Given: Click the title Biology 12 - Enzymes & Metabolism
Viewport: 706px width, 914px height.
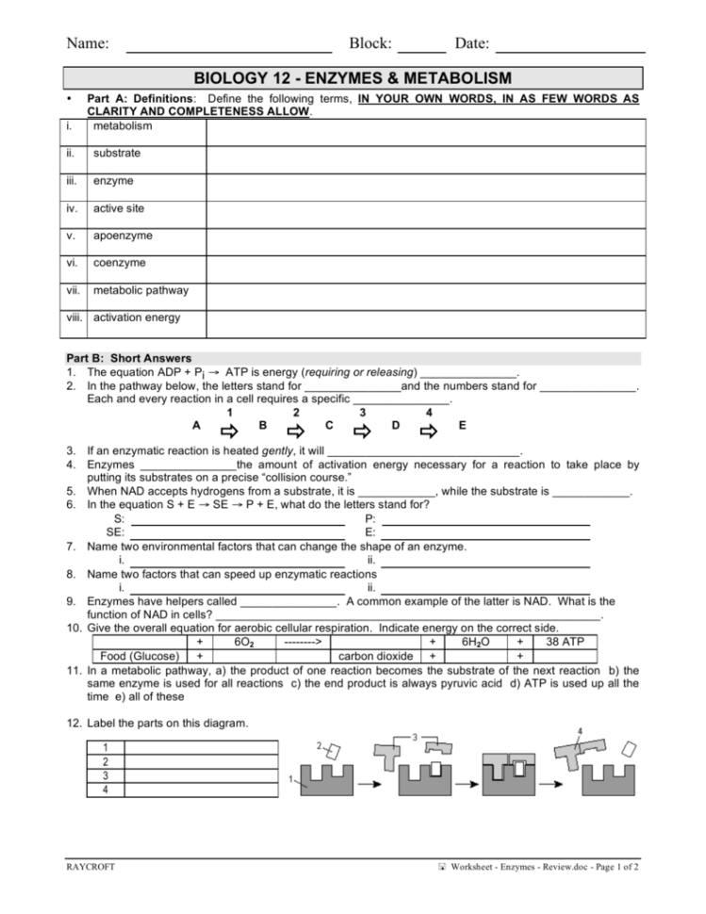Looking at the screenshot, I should coord(353,78).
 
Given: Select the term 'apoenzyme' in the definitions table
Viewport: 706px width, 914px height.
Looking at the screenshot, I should coord(123,236).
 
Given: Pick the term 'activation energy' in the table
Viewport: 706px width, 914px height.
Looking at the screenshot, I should coord(137,318).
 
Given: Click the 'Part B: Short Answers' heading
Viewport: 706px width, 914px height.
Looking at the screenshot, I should coord(128,358).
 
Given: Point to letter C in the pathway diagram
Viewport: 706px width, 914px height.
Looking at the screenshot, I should coord(329,425).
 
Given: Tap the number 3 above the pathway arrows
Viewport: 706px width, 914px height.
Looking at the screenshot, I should coord(363,411).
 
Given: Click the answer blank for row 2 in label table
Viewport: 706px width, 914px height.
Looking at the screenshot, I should coord(201,761).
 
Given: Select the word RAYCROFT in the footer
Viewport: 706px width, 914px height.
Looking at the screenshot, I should coord(90,868).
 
